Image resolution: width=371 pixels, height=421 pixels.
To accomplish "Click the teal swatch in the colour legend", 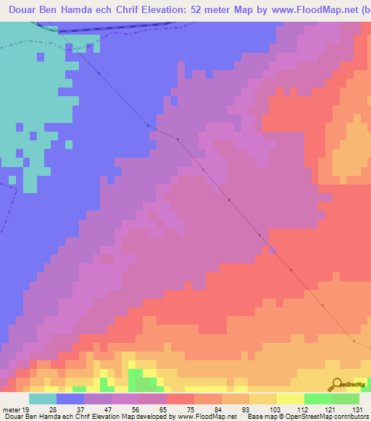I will [x=43, y=399].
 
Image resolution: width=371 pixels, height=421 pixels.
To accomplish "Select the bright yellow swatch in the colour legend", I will [x=290, y=399].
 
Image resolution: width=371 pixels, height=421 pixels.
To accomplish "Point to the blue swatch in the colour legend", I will [x=70, y=399].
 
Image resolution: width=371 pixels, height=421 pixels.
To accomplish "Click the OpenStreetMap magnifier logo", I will [x=337, y=384].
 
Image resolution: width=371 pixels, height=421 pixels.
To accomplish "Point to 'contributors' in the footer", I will [x=343, y=416].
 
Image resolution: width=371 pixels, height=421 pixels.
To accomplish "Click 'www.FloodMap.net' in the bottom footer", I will [x=206, y=416].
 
